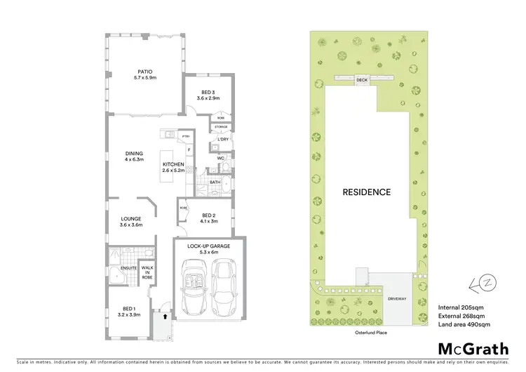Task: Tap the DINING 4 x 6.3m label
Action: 134,157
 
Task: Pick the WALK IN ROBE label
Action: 147,272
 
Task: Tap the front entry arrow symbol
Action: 165,316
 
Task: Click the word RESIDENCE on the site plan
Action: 366,192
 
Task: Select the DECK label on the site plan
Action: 362,80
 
